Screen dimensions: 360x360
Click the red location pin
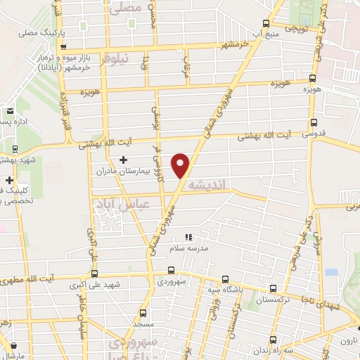coord(182,165)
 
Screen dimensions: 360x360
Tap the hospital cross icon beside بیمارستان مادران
coord(124,160)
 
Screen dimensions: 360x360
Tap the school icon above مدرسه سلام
coord(188,238)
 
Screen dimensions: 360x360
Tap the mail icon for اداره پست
coord(10,110)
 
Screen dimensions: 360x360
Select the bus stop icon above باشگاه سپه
coord(224,278)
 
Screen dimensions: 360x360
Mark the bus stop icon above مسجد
coord(143,313)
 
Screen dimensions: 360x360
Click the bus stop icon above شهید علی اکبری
coord(94,274)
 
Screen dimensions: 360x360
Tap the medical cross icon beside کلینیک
coord(9,180)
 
